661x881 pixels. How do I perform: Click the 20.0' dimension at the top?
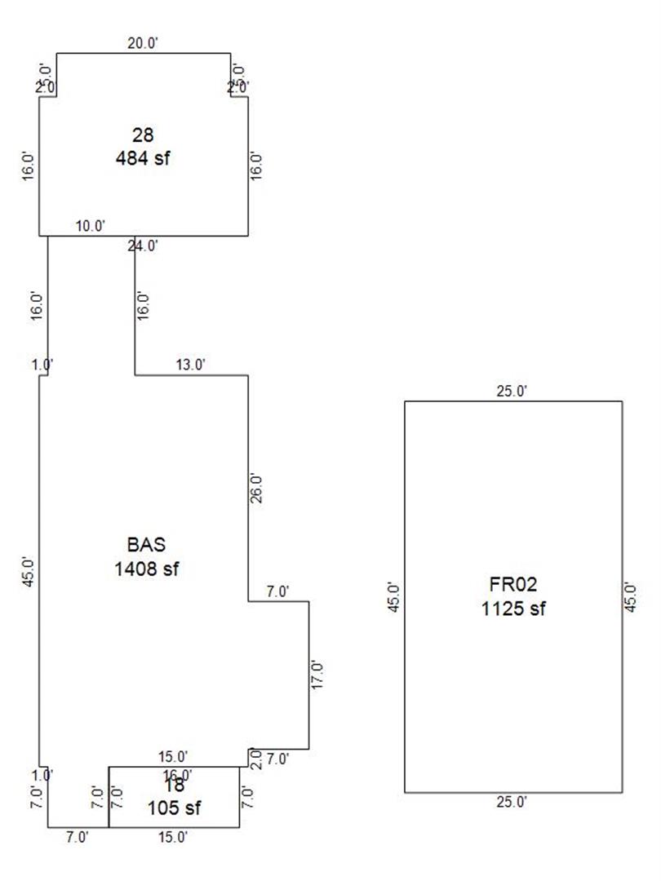tap(143, 44)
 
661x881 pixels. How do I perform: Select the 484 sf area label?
tap(144, 157)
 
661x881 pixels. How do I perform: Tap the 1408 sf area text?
tap(147, 568)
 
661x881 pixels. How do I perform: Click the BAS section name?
tap(147, 544)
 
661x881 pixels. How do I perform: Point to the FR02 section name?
tap(513, 584)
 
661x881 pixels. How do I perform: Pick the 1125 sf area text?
tap(513, 608)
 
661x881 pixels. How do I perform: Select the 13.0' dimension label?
tap(190, 365)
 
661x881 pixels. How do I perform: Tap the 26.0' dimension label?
tap(256, 488)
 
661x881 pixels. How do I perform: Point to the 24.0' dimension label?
tap(143, 246)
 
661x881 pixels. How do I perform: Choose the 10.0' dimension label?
tap(91, 226)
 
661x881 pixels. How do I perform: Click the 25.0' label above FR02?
tap(512, 392)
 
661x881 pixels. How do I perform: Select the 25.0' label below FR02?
tap(512, 802)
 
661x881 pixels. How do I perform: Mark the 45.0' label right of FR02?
tap(631, 597)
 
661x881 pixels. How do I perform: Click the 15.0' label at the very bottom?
tap(173, 836)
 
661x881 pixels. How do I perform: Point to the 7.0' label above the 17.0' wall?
tap(277, 591)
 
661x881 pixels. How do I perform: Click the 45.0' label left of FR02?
tap(396, 597)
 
